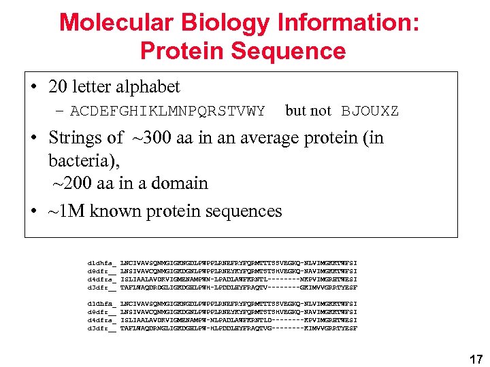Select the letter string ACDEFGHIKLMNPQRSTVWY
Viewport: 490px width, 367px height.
pyautogui.click(x=167, y=111)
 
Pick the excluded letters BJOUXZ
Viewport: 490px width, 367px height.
pyautogui.click(x=370, y=111)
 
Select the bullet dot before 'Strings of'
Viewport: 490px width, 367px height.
pyautogui.click(x=33, y=139)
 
